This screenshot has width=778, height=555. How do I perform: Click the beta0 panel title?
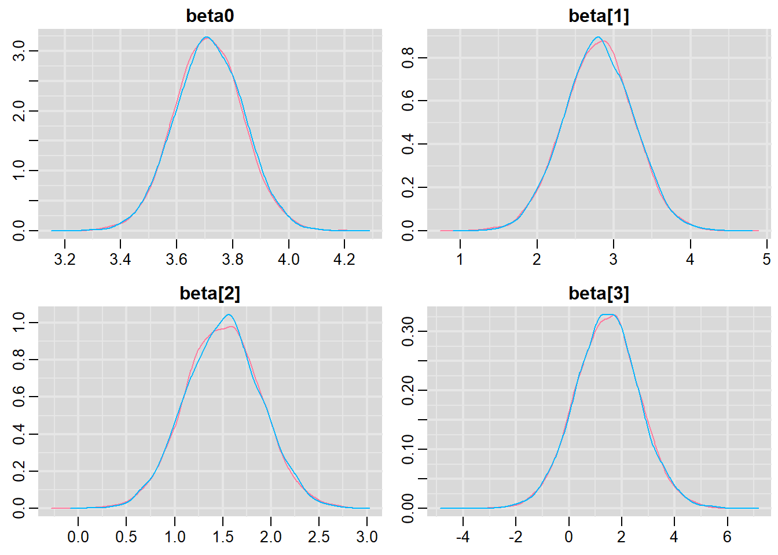[210, 16]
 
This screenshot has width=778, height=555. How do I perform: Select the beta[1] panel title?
[599, 16]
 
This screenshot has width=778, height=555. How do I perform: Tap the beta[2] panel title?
[210, 293]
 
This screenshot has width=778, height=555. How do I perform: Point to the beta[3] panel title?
[599, 293]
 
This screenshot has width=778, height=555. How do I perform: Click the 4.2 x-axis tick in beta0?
[344, 259]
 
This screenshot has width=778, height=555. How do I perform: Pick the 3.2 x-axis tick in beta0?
[64, 259]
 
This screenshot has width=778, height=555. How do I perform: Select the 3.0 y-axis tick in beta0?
[19, 51]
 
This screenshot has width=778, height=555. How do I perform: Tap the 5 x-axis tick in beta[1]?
[766, 259]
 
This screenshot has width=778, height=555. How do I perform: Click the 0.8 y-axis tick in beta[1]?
[408, 58]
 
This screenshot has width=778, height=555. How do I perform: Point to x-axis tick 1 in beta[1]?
[460, 259]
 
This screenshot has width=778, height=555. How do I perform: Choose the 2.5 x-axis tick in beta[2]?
[319, 536]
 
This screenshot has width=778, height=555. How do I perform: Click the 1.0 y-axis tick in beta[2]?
[19, 323]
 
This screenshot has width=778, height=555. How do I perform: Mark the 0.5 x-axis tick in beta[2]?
[126, 536]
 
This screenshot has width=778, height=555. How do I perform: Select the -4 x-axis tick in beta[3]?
[463, 536]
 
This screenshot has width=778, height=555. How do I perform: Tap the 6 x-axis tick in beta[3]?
[727, 536]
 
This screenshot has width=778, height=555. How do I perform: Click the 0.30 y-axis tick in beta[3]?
[408, 331]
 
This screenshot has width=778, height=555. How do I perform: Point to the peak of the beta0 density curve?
[207, 38]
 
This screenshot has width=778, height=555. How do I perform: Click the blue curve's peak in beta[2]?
[229, 315]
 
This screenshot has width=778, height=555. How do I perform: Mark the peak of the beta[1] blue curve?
[599, 38]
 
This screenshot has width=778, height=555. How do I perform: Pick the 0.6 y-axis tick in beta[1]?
[408, 101]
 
